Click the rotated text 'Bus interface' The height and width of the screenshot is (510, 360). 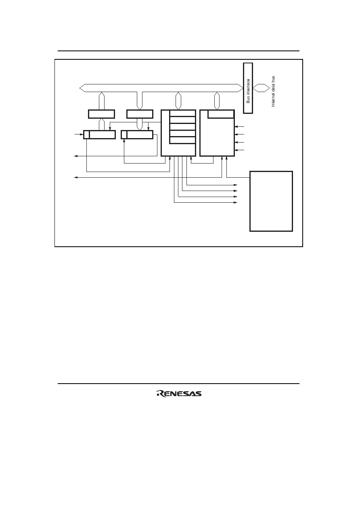coord(248,91)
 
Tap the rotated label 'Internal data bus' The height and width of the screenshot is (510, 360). coord(273,91)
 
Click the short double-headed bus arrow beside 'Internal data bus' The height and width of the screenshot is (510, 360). coord(261,88)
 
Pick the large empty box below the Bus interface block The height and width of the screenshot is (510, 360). coord(271,201)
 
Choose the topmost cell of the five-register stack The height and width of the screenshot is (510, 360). coord(182,113)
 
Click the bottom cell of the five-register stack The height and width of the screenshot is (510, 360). coord(182,141)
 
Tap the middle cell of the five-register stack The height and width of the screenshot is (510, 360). coord(182,127)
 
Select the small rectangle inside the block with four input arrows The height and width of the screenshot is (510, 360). coord(221,114)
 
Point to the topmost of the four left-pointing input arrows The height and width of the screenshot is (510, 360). coord(239,126)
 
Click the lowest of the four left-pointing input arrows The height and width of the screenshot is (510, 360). coord(239,150)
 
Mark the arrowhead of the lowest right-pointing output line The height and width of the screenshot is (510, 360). coord(236,202)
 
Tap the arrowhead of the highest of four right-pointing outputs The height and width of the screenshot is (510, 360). coord(236,185)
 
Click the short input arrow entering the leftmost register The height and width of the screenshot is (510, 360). coord(79,134)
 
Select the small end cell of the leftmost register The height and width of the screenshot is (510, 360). coord(86,134)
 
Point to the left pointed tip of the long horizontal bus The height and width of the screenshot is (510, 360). coord(80,88)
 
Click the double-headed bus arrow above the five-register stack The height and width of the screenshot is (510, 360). coord(178,101)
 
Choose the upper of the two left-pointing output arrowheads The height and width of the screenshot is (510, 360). coord(76,156)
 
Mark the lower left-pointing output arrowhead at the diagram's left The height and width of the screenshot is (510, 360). coord(76,177)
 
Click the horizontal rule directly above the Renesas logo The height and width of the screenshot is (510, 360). coord(178,384)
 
